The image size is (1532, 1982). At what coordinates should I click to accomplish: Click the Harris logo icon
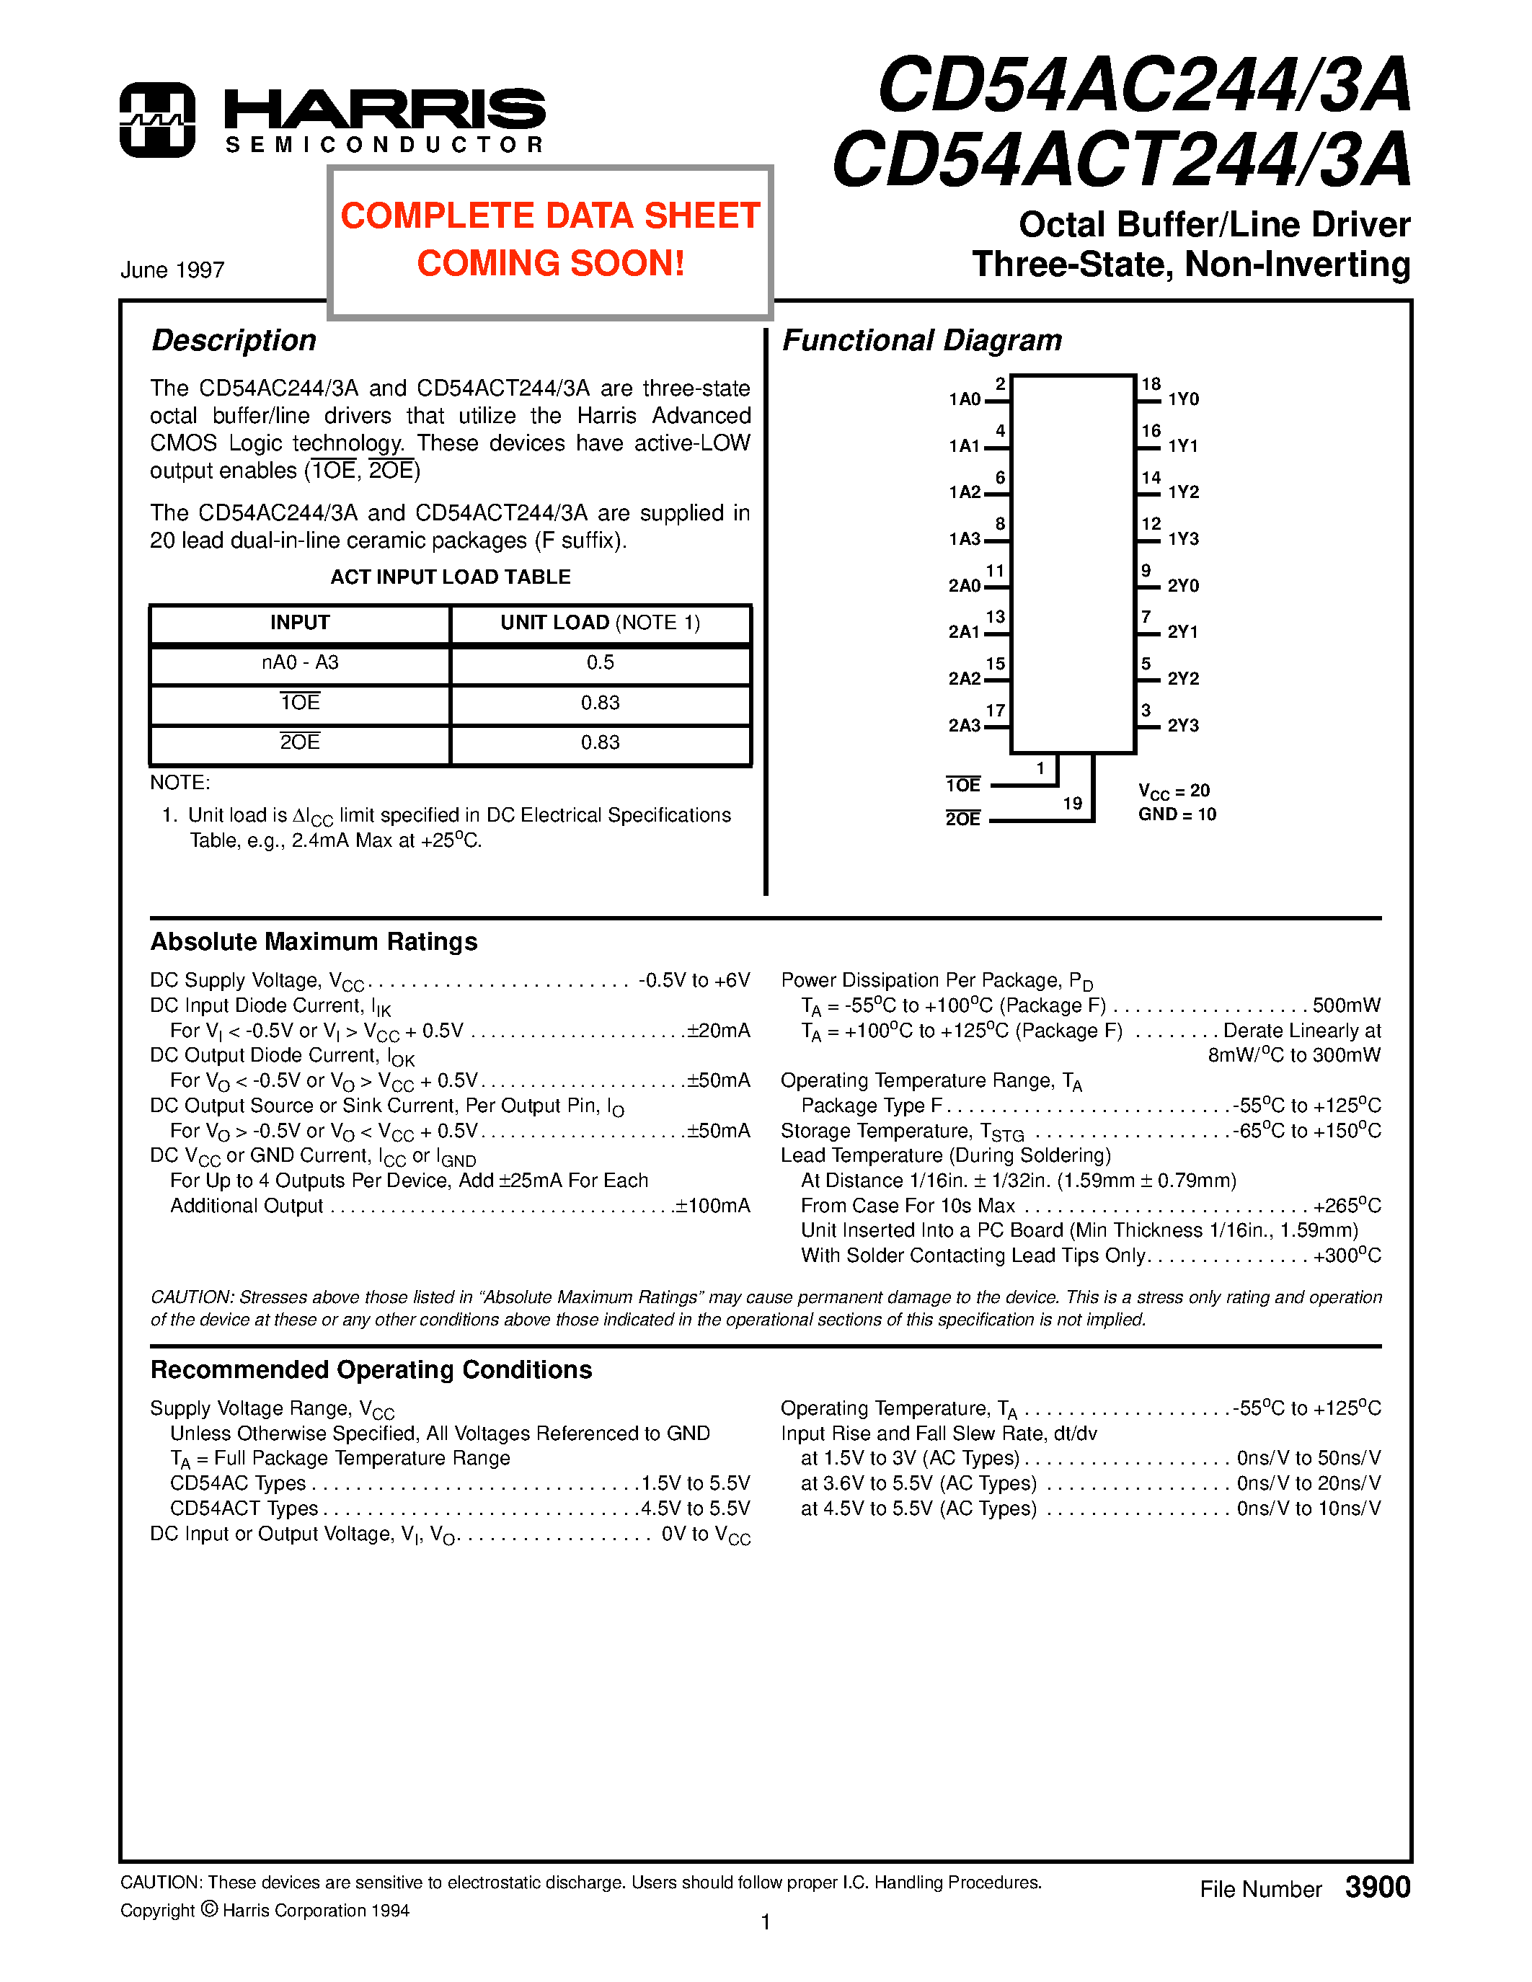coord(157,120)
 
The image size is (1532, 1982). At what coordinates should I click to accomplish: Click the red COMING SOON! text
coord(550,263)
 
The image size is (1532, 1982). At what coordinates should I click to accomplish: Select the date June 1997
coord(172,270)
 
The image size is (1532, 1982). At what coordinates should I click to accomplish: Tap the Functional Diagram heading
coord(921,340)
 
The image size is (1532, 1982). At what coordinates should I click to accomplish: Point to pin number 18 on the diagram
coord(1151,384)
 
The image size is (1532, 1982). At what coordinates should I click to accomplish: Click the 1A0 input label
coord(965,399)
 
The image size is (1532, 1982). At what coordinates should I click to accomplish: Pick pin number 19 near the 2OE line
coord(1072,803)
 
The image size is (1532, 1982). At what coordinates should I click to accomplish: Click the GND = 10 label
coord(1177,814)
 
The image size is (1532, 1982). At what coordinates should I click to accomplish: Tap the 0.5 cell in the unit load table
coord(600,662)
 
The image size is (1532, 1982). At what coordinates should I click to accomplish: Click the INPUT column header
coord(299,623)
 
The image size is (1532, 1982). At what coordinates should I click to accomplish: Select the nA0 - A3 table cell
coord(299,662)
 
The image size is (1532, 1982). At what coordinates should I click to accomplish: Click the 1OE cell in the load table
coord(299,703)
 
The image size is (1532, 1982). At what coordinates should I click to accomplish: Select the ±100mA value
coord(712,1206)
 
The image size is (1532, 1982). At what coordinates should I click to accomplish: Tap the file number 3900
coord(1377,1888)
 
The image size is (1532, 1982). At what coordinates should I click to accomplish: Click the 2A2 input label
coord(964,679)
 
